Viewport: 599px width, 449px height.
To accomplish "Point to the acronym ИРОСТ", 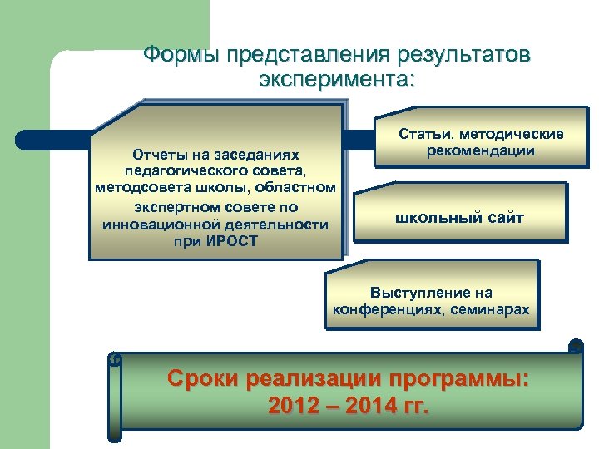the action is [x=229, y=241].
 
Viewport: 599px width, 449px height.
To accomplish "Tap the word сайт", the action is [x=504, y=218].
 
